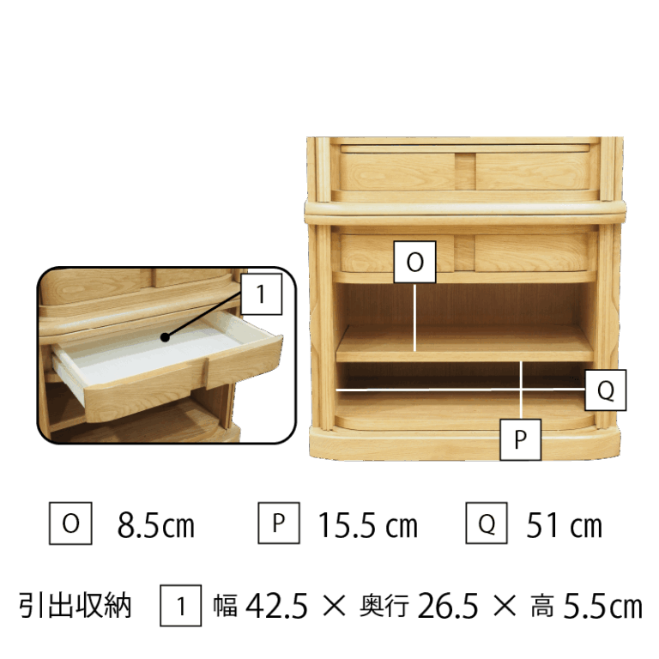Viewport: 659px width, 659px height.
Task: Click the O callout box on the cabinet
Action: pyautogui.click(x=414, y=262)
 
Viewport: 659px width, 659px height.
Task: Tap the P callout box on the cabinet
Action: pyautogui.click(x=520, y=439)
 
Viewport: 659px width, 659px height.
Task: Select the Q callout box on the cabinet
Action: pyautogui.click(x=605, y=390)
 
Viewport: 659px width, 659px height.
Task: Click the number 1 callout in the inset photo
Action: pyautogui.click(x=261, y=293)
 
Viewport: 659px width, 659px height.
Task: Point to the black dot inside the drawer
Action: pyautogui.click(x=165, y=337)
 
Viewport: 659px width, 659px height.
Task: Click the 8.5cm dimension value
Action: pyautogui.click(x=156, y=525)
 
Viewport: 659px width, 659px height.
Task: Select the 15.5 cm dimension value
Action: pyautogui.click(x=368, y=525)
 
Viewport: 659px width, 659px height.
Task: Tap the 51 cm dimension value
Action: pyautogui.click(x=564, y=525)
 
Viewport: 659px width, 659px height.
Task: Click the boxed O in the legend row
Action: pyautogui.click(x=70, y=523)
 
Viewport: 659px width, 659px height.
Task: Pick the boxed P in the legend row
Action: pyautogui.click(x=279, y=523)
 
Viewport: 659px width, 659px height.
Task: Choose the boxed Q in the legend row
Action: pyautogui.click(x=487, y=523)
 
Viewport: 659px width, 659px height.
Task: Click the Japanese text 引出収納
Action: pyautogui.click(x=75, y=606)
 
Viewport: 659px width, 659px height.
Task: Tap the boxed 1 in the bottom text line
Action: pyautogui.click(x=180, y=606)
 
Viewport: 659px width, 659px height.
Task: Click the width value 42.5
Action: pyautogui.click(x=276, y=606)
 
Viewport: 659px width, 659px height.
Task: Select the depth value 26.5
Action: pyautogui.click(x=448, y=606)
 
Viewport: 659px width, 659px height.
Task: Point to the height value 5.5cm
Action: pyautogui.click(x=602, y=606)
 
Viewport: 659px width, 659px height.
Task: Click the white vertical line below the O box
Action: pyautogui.click(x=414, y=317)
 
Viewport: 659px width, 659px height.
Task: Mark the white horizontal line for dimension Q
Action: pyautogui.click(x=461, y=390)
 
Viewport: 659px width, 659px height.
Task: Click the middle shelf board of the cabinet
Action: pyautogui.click(x=464, y=344)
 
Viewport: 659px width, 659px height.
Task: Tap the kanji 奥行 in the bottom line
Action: pyautogui.click(x=384, y=606)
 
